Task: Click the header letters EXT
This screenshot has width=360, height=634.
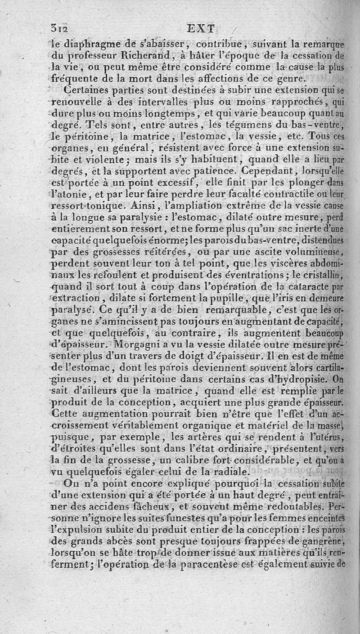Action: tap(201, 29)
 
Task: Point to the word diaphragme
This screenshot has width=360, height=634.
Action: tap(82, 45)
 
